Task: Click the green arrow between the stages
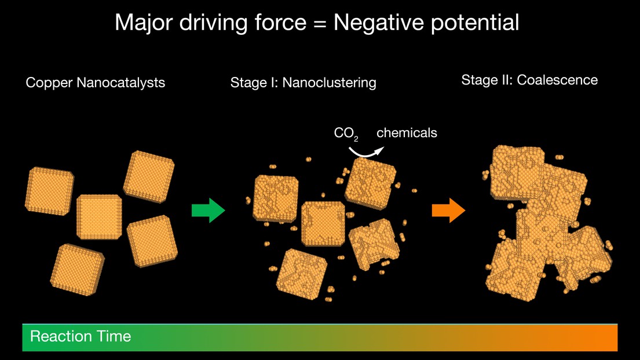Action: [208, 210]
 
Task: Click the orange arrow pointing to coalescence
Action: [448, 210]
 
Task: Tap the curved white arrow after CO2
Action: [365, 152]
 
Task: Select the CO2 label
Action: [346, 133]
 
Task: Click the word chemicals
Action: [407, 133]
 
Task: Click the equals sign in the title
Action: [320, 24]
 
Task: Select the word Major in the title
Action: [144, 23]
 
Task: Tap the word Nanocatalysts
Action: [121, 82]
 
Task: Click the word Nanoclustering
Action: [329, 83]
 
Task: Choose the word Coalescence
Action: [557, 80]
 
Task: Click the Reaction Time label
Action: [81, 336]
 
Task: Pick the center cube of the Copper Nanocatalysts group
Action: [99, 217]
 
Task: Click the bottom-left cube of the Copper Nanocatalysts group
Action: [77, 270]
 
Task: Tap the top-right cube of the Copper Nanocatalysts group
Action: [149, 176]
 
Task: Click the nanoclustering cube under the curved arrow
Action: [371, 183]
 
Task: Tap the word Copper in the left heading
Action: [49, 83]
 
